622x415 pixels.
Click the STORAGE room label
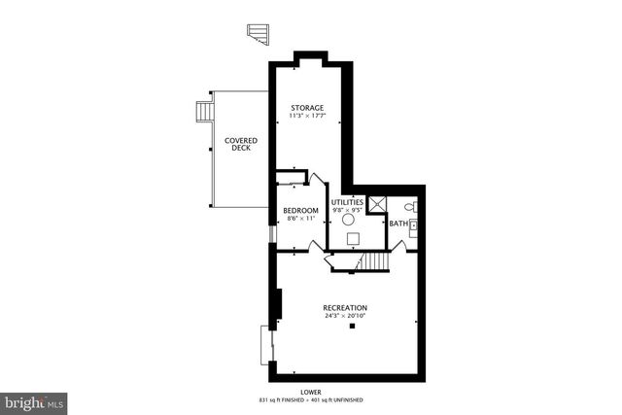pyautogui.click(x=306, y=107)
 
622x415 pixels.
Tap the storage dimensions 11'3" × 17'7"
pyautogui.click(x=306, y=117)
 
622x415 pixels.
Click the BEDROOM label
pyautogui.click(x=300, y=211)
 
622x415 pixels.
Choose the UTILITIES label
pyautogui.click(x=347, y=201)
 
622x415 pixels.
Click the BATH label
pyautogui.click(x=398, y=224)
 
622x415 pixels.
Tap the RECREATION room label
pyautogui.click(x=345, y=308)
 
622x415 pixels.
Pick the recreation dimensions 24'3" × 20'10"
pyautogui.click(x=345, y=317)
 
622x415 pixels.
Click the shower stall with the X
pyautogui.click(x=382, y=203)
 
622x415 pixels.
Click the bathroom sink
pyautogui.click(x=413, y=225)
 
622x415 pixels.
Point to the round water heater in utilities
pyautogui.click(x=347, y=220)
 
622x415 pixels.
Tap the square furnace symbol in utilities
pyautogui.click(x=352, y=238)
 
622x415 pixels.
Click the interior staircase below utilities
pyautogui.click(x=375, y=263)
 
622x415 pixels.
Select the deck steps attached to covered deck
pyautogui.click(x=205, y=112)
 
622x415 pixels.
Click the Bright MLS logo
pyautogui.click(x=34, y=401)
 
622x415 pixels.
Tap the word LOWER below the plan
pyautogui.click(x=311, y=392)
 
